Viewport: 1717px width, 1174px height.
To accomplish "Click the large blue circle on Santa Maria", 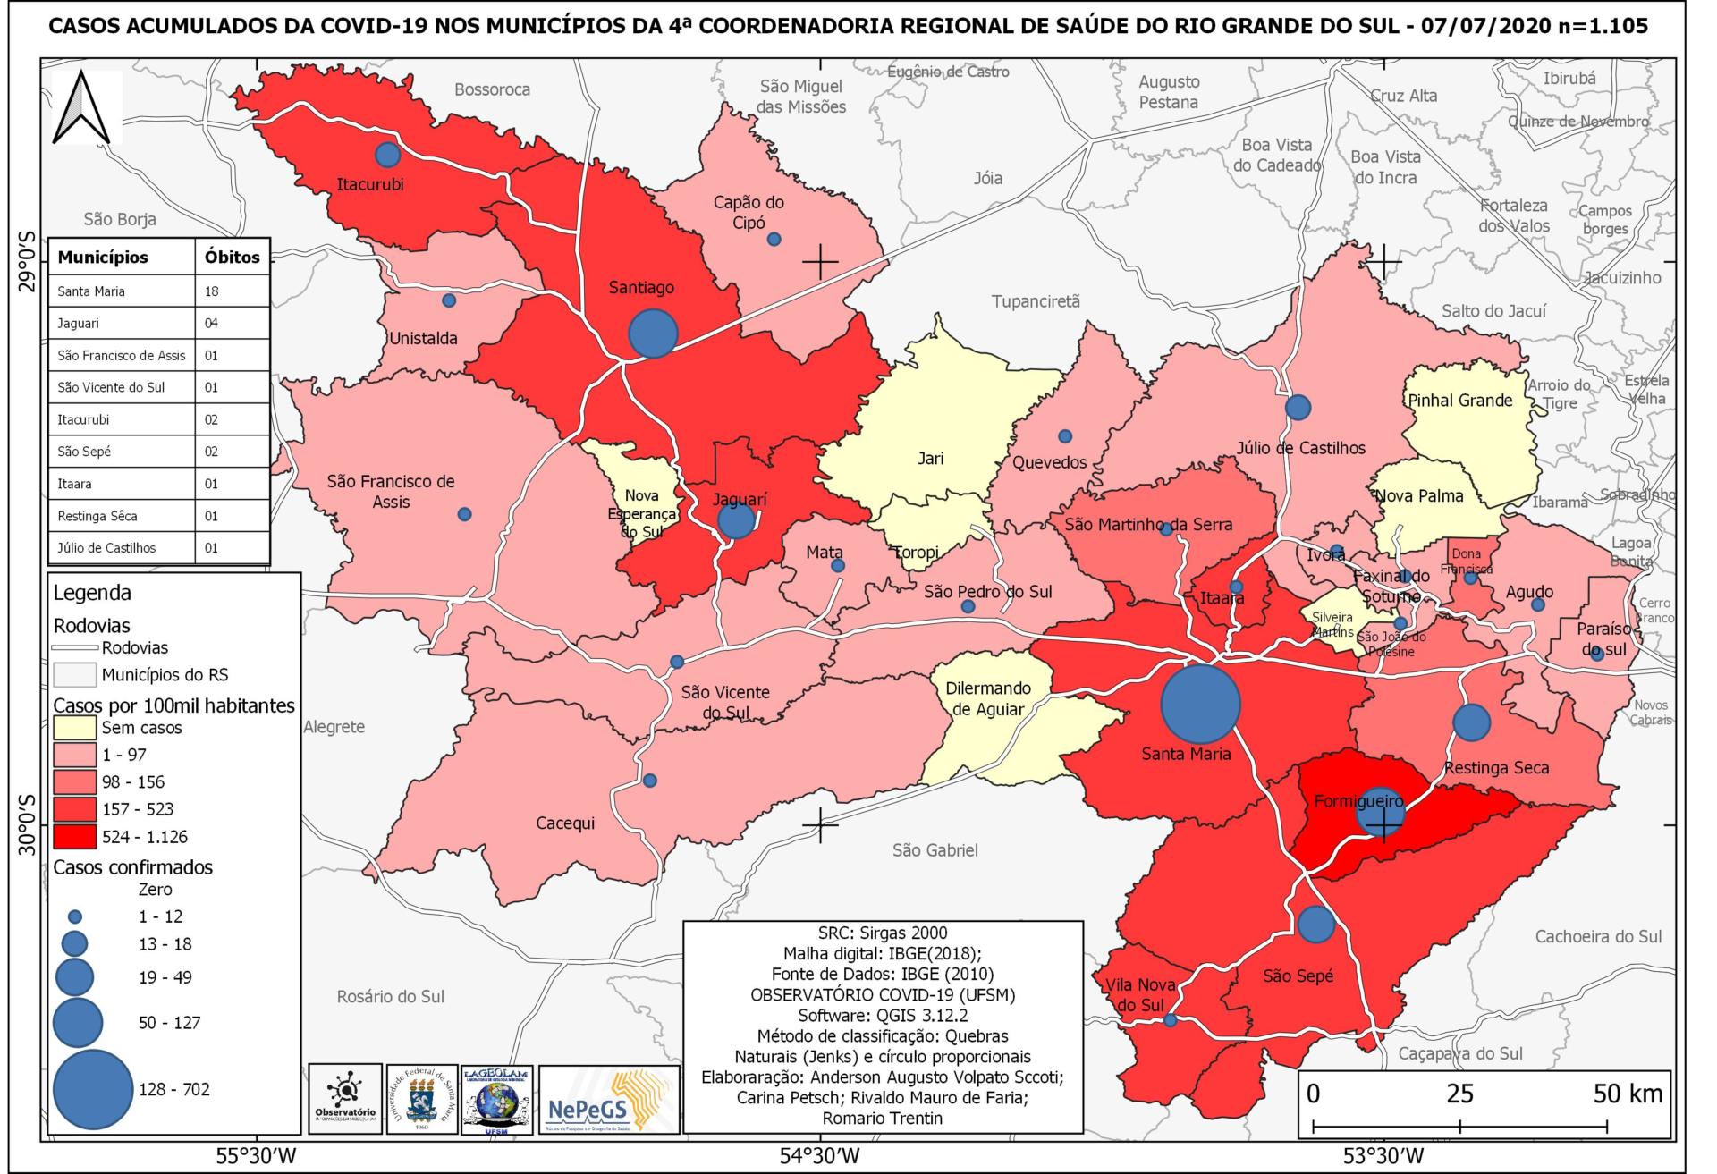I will coord(1200,703).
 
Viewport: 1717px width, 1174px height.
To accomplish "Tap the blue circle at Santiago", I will coord(654,333).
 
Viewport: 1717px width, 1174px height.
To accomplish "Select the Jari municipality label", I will coord(930,458).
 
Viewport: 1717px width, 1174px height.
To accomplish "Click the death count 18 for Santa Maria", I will coord(211,291).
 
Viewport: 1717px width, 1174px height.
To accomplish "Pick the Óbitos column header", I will coord(232,258).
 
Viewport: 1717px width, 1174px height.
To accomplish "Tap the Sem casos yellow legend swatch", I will coord(75,727).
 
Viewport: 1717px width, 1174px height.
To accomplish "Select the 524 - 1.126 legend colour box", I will coord(75,837).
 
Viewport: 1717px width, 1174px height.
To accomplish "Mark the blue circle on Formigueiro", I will coord(1381,812).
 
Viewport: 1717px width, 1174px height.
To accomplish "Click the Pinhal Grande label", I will coord(1459,401).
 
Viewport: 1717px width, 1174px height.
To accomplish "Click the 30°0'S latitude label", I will coord(26,823).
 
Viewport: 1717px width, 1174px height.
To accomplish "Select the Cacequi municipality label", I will coord(565,823).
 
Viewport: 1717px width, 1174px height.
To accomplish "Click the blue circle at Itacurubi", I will coord(387,155).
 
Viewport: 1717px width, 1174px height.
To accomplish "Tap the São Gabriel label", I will coord(935,850).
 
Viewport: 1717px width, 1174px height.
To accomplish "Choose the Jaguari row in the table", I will coord(158,324).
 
